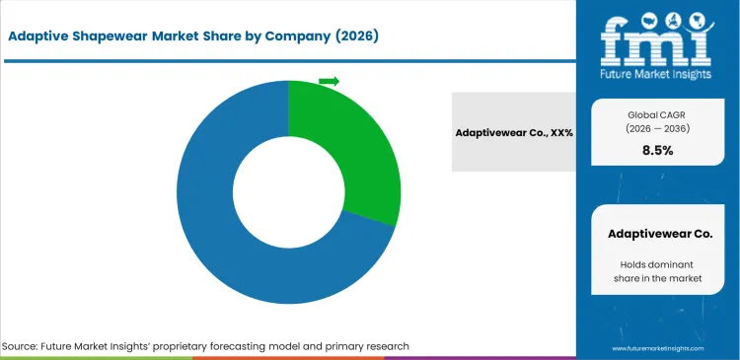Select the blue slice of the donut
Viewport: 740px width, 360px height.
click(x=247, y=247)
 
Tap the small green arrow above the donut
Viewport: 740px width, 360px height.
click(x=330, y=81)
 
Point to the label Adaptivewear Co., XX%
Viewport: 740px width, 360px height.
click(x=513, y=132)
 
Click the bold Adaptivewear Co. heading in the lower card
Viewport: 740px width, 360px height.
click(x=657, y=235)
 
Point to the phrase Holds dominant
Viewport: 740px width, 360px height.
click(x=657, y=263)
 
